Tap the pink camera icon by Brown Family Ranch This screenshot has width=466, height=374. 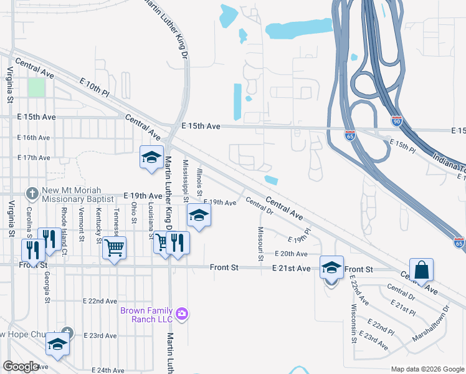click(x=181, y=312)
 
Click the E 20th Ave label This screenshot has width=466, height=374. click(x=291, y=254)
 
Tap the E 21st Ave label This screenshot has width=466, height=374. click(x=291, y=268)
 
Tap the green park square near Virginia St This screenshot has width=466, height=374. click(x=37, y=87)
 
